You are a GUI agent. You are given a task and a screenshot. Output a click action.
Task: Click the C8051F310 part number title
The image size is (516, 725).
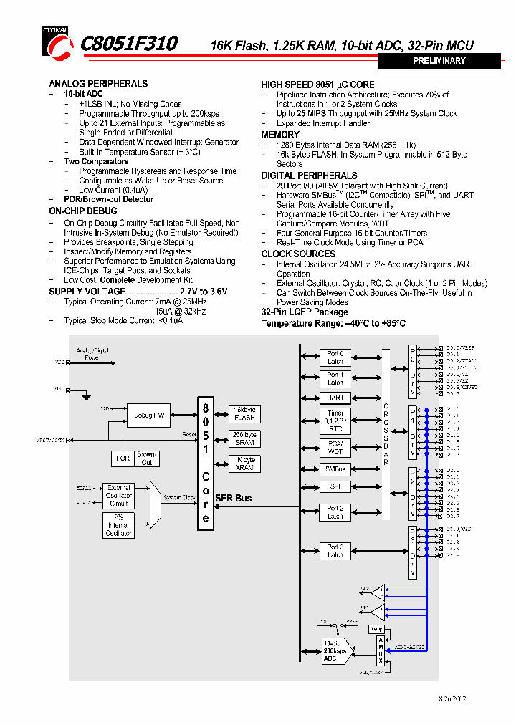pos(129,44)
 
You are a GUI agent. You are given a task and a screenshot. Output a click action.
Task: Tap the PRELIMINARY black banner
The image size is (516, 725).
pos(439,62)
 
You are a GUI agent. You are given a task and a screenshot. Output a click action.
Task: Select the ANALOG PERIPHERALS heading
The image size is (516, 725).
pos(98,84)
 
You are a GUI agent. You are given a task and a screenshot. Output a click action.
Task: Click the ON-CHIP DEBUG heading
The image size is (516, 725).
pos(82,211)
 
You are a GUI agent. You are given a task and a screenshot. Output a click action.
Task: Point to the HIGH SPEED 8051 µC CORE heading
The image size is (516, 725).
pos(317,85)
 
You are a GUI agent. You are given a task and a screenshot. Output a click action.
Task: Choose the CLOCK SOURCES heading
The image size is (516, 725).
pos(298,254)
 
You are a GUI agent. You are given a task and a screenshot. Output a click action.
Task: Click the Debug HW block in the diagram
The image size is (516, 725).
pos(149,416)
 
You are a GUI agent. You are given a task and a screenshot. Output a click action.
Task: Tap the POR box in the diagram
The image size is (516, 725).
pos(123,458)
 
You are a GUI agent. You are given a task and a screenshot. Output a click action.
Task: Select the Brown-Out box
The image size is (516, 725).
pos(147,458)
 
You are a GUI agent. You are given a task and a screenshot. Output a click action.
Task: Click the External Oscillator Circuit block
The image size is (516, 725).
pos(119,495)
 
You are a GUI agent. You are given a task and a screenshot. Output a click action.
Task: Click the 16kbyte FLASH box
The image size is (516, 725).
pos(244,413)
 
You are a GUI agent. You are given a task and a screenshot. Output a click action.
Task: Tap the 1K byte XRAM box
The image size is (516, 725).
pos(244,464)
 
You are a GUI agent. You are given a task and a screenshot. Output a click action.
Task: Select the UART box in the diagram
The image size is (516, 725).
pos(335,398)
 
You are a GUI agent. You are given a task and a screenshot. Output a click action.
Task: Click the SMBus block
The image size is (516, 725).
pos(335,469)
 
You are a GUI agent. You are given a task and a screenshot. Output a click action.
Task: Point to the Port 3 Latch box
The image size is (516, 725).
pos(335,551)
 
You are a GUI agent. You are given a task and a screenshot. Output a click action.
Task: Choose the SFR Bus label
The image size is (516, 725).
pos(234,498)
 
